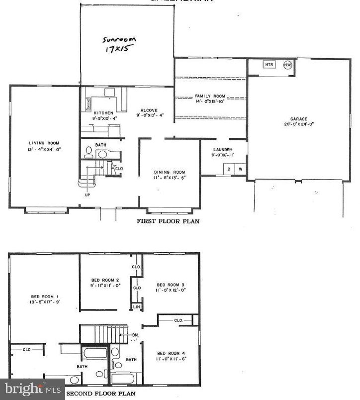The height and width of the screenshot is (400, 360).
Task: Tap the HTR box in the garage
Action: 269,65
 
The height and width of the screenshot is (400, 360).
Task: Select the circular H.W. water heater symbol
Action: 288,65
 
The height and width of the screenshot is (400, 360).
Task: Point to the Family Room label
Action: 210,96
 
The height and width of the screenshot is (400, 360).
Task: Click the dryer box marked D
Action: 229,169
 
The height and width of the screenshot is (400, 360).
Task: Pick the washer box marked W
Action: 240,169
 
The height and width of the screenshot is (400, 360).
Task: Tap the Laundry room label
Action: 222,150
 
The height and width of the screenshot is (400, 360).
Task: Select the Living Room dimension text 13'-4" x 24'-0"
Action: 44,149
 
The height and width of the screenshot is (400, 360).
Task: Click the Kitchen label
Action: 103,113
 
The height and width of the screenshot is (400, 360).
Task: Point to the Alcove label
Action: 149,110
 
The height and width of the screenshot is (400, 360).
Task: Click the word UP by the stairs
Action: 88,195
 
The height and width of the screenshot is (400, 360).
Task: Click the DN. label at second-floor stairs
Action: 136,336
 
